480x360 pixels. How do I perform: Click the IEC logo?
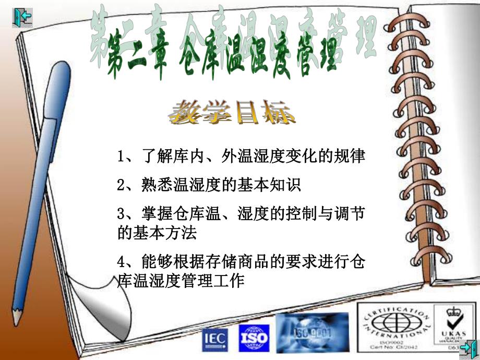point(214,338)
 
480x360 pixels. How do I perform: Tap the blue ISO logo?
point(254,338)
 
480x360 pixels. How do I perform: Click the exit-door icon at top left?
point(22,17)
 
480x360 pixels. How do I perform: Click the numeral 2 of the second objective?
point(121,185)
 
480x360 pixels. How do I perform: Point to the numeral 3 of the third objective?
point(121,214)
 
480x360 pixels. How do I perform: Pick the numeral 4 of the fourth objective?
point(121,261)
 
